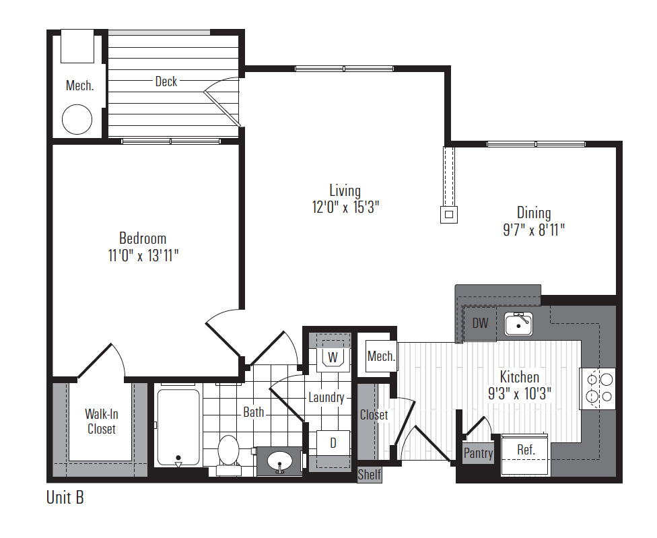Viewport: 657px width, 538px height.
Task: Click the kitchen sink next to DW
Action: tap(518, 324)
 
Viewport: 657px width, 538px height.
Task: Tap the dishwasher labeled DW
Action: tap(480, 323)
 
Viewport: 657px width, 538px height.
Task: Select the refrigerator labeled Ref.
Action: tap(526, 455)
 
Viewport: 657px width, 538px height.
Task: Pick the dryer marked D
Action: tap(333, 443)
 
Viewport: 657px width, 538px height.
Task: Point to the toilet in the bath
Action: tap(229, 455)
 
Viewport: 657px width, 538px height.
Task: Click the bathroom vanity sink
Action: tap(279, 462)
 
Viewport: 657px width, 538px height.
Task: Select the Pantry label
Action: tap(478, 453)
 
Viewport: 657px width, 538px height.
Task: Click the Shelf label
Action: tap(369, 475)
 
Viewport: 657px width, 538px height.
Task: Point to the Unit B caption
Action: tap(65, 498)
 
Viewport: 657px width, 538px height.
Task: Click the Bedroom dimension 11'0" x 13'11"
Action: tap(143, 255)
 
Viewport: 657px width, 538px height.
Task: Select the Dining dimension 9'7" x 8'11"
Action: tap(534, 230)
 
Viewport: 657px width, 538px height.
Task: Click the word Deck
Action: tap(166, 81)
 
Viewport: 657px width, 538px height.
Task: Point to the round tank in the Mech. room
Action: tap(77, 119)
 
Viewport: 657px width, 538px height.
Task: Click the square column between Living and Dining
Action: tap(449, 215)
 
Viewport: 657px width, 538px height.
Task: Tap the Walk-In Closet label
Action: tap(102, 422)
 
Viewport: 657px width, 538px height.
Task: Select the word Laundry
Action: tap(326, 397)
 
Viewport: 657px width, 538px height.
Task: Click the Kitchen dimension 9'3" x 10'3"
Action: tap(520, 394)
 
